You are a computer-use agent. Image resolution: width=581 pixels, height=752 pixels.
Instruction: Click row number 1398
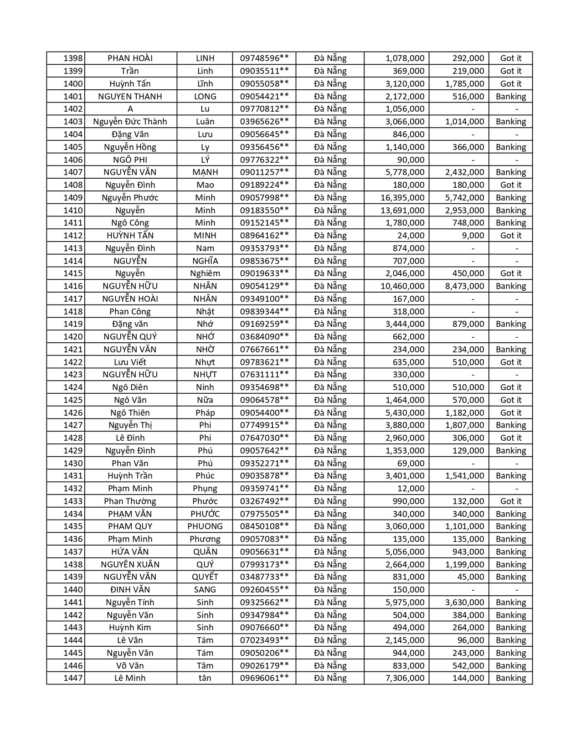(x=73, y=58)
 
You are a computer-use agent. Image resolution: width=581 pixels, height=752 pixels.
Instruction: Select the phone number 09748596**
(x=264, y=58)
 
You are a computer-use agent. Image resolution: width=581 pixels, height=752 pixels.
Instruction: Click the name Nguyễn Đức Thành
(x=130, y=122)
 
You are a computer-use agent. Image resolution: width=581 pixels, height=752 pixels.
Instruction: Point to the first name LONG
(x=205, y=96)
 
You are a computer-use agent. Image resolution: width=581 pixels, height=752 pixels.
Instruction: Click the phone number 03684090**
(x=264, y=337)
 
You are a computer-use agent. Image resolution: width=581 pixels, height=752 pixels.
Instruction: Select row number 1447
(x=73, y=678)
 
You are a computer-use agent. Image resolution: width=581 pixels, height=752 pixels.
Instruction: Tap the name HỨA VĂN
(x=130, y=551)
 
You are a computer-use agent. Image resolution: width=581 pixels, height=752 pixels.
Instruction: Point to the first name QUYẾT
(x=205, y=577)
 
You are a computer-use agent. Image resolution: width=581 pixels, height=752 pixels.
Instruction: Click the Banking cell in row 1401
(x=510, y=96)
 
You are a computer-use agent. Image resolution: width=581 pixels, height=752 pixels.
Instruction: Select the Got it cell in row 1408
(x=510, y=185)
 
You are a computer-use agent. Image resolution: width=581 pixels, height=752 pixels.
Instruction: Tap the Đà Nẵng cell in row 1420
(x=330, y=337)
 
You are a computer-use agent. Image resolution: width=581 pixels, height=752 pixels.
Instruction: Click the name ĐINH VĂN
(x=130, y=590)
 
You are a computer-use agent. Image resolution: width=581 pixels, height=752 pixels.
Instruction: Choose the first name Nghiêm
(x=205, y=273)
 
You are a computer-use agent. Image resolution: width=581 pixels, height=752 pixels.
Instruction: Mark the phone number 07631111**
(x=264, y=375)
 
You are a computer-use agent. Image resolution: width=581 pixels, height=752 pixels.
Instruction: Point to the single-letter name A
(x=130, y=109)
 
